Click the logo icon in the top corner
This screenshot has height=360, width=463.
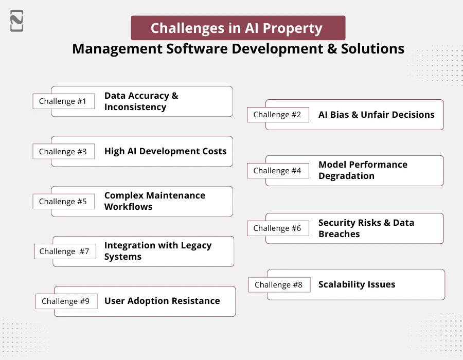(16, 21)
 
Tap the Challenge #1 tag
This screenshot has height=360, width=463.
(63, 101)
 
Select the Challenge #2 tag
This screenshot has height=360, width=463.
(277, 115)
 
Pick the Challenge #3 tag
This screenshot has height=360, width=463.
(63, 152)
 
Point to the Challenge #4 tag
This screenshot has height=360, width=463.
(277, 171)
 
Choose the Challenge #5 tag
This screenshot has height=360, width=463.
(63, 202)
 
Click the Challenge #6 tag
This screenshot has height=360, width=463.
(277, 228)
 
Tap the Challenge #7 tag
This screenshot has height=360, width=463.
(64, 251)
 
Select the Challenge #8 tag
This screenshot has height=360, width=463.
(279, 285)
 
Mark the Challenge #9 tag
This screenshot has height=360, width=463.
(66, 301)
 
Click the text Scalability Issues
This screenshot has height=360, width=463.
(357, 284)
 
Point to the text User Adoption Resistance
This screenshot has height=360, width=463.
(162, 301)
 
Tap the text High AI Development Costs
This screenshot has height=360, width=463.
(165, 151)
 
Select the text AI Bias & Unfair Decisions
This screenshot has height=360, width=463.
(377, 115)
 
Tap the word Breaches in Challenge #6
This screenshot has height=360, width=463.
(339, 234)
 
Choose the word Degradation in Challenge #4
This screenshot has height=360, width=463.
(346, 176)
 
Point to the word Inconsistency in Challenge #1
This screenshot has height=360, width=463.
(135, 107)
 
